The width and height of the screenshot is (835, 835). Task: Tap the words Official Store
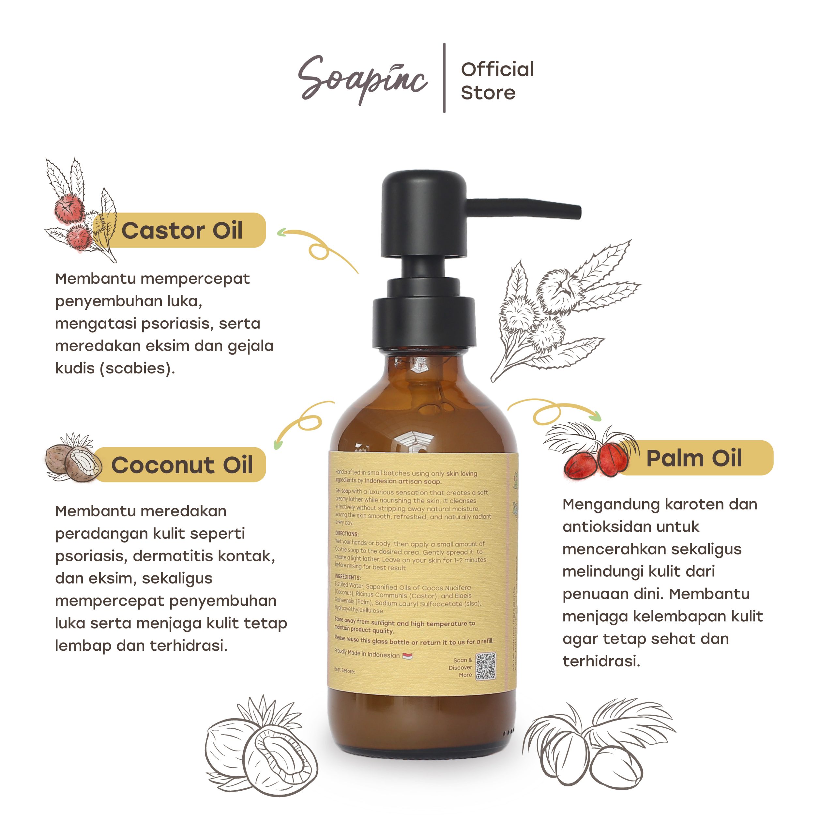497,81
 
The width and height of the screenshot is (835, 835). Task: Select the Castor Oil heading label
182,230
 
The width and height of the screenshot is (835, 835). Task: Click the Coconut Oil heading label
182,465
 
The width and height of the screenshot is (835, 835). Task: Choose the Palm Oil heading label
694,458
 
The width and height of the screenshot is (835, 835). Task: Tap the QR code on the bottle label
485,666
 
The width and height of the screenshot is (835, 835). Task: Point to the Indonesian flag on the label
407,656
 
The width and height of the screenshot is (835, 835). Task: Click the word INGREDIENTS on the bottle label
347,577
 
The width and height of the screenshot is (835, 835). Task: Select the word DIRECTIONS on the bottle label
347,534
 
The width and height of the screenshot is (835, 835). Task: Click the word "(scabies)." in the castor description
137,368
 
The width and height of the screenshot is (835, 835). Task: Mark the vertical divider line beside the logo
444,78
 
